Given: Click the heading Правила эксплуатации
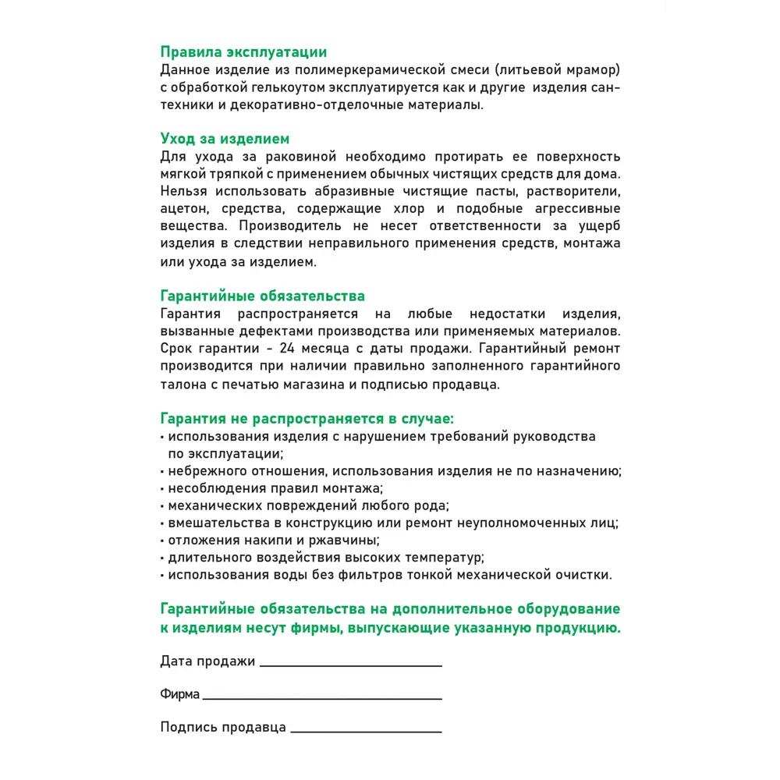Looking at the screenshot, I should coord(243,52).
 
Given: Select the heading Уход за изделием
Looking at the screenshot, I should coord(225,138).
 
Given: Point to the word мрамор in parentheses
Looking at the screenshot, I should coord(592,69).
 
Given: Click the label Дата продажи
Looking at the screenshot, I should coord(207,661).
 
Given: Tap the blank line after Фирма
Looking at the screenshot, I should coord(321,698).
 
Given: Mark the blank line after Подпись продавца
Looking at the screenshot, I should coord(365,732).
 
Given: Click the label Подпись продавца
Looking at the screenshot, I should coord(222,727).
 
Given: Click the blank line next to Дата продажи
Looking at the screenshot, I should coord(350,665).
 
